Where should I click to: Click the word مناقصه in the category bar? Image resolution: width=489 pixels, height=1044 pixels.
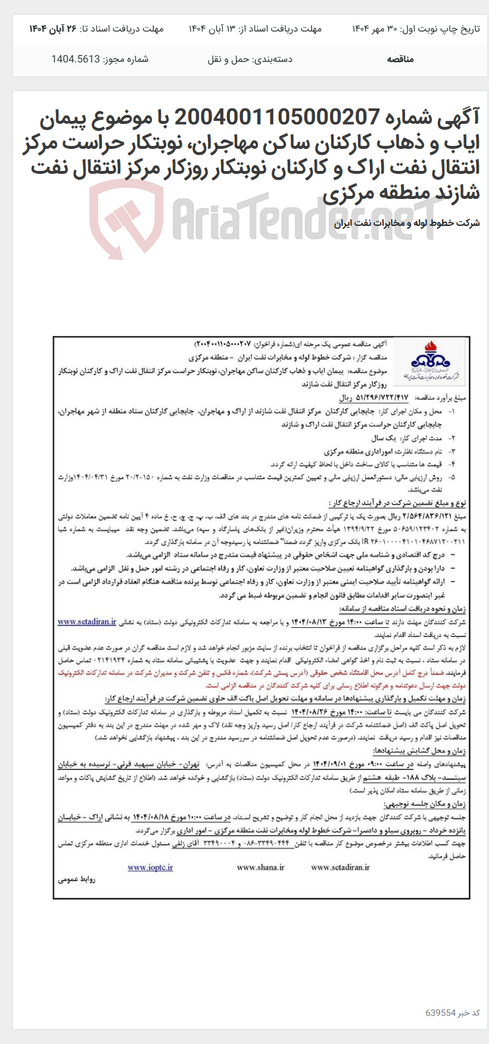[400, 60]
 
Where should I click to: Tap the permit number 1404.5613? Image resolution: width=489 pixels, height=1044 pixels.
[76, 60]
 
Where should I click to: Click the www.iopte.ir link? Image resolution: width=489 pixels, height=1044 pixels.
[150, 867]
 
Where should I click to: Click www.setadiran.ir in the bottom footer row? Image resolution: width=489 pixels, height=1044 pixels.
[340, 867]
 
